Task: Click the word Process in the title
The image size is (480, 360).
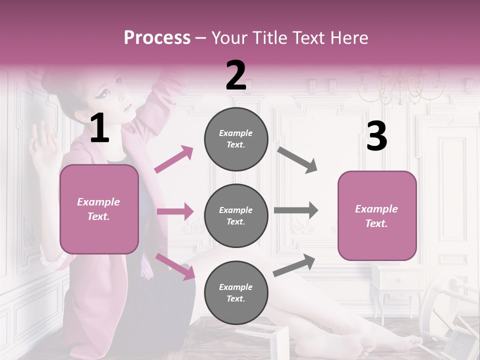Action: click(x=157, y=37)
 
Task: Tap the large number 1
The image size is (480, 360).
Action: click(x=99, y=128)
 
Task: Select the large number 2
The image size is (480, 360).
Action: click(x=236, y=75)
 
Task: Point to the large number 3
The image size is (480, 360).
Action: click(x=376, y=136)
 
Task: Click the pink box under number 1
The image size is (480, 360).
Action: click(x=99, y=209)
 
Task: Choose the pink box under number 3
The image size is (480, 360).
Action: click(x=377, y=215)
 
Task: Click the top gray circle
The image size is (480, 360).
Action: click(x=236, y=139)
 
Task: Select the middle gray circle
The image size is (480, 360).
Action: click(x=236, y=215)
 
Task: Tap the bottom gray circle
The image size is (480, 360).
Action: click(x=236, y=292)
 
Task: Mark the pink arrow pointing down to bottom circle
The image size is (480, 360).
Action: click(x=175, y=266)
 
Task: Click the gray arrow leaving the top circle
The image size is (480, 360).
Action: click(x=297, y=159)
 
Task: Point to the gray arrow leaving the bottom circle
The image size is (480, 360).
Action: click(x=294, y=265)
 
